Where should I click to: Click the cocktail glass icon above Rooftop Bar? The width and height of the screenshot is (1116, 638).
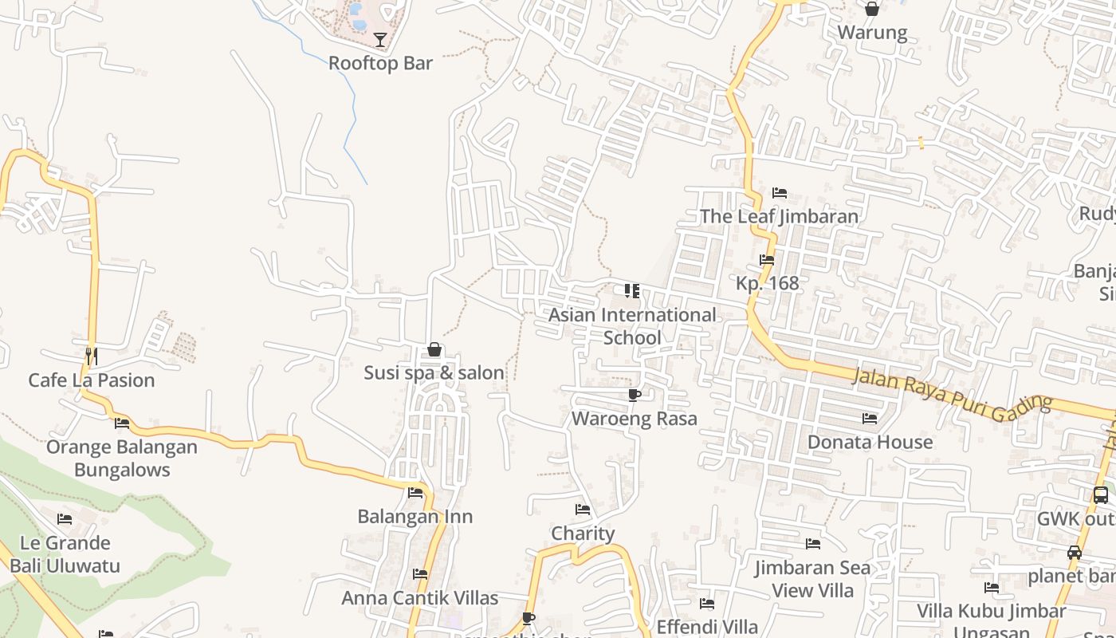pos(380,40)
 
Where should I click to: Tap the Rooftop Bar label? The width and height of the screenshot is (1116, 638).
pos(380,63)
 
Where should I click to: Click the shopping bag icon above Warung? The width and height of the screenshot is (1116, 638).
pos(872,10)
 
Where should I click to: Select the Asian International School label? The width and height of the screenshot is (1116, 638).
pos(632,326)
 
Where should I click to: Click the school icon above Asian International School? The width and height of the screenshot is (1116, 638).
pos(632,290)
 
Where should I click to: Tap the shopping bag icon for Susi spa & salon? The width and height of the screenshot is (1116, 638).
pos(434,349)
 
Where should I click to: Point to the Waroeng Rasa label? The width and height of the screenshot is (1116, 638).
pos(635,419)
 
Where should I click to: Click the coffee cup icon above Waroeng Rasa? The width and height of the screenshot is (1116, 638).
pos(635,395)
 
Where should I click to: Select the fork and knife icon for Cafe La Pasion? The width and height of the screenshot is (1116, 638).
pos(92,355)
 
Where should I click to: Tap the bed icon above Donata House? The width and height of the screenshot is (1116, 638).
pos(870,418)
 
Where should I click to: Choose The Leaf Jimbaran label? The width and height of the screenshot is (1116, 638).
pos(779,216)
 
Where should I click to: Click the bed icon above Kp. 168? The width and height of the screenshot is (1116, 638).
pos(767,260)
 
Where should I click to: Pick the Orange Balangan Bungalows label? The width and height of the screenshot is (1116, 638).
pos(122,458)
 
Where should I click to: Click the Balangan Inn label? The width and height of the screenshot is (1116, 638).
pos(415,517)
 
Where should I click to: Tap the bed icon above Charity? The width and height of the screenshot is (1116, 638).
pos(583,510)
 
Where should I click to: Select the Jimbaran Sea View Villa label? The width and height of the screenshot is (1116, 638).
pos(813,579)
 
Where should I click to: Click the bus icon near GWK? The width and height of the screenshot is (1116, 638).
pos(1101,495)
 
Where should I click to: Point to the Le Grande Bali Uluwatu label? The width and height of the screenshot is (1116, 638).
pos(65,554)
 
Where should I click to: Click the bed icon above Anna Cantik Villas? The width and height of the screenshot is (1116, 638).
pos(420,574)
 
